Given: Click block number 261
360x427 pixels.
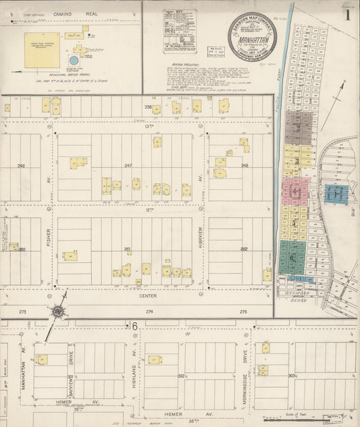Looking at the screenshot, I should pyautogui.click(x=127, y=249).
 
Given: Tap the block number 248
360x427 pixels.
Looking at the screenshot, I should pyautogui.click(x=245, y=165).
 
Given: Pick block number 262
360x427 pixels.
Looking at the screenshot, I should pyautogui.click(x=244, y=249).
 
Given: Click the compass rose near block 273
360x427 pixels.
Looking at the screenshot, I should pyautogui.click(x=58, y=311).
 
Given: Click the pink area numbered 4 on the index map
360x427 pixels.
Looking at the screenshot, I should pyautogui.click(x=295, y=192).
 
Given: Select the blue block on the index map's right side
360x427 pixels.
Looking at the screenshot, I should pyautogui.click(x=334, y=194).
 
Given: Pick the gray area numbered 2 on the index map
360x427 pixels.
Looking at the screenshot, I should pyautogui.click(x=298, y=126).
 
